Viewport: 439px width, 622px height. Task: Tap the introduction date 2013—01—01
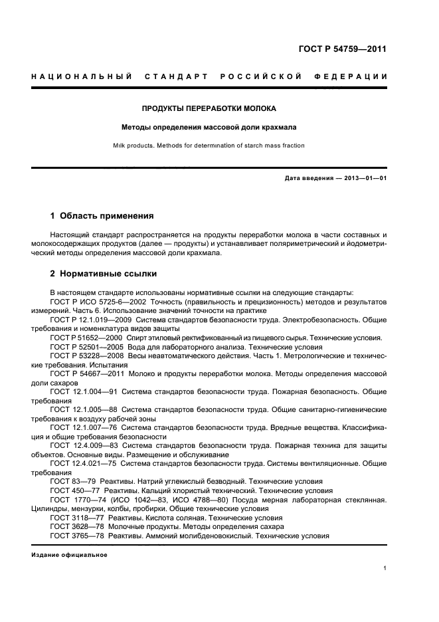(364, 179)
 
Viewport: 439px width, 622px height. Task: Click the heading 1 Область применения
(102, 216)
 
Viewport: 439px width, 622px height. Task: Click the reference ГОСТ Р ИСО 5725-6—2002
(97, 302)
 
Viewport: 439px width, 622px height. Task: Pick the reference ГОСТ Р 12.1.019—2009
(93, 319)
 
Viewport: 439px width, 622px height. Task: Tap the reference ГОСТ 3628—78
(74, 526)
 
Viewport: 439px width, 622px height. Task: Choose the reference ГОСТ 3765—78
(74, 536)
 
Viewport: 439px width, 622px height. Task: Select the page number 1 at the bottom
(385, 568)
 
